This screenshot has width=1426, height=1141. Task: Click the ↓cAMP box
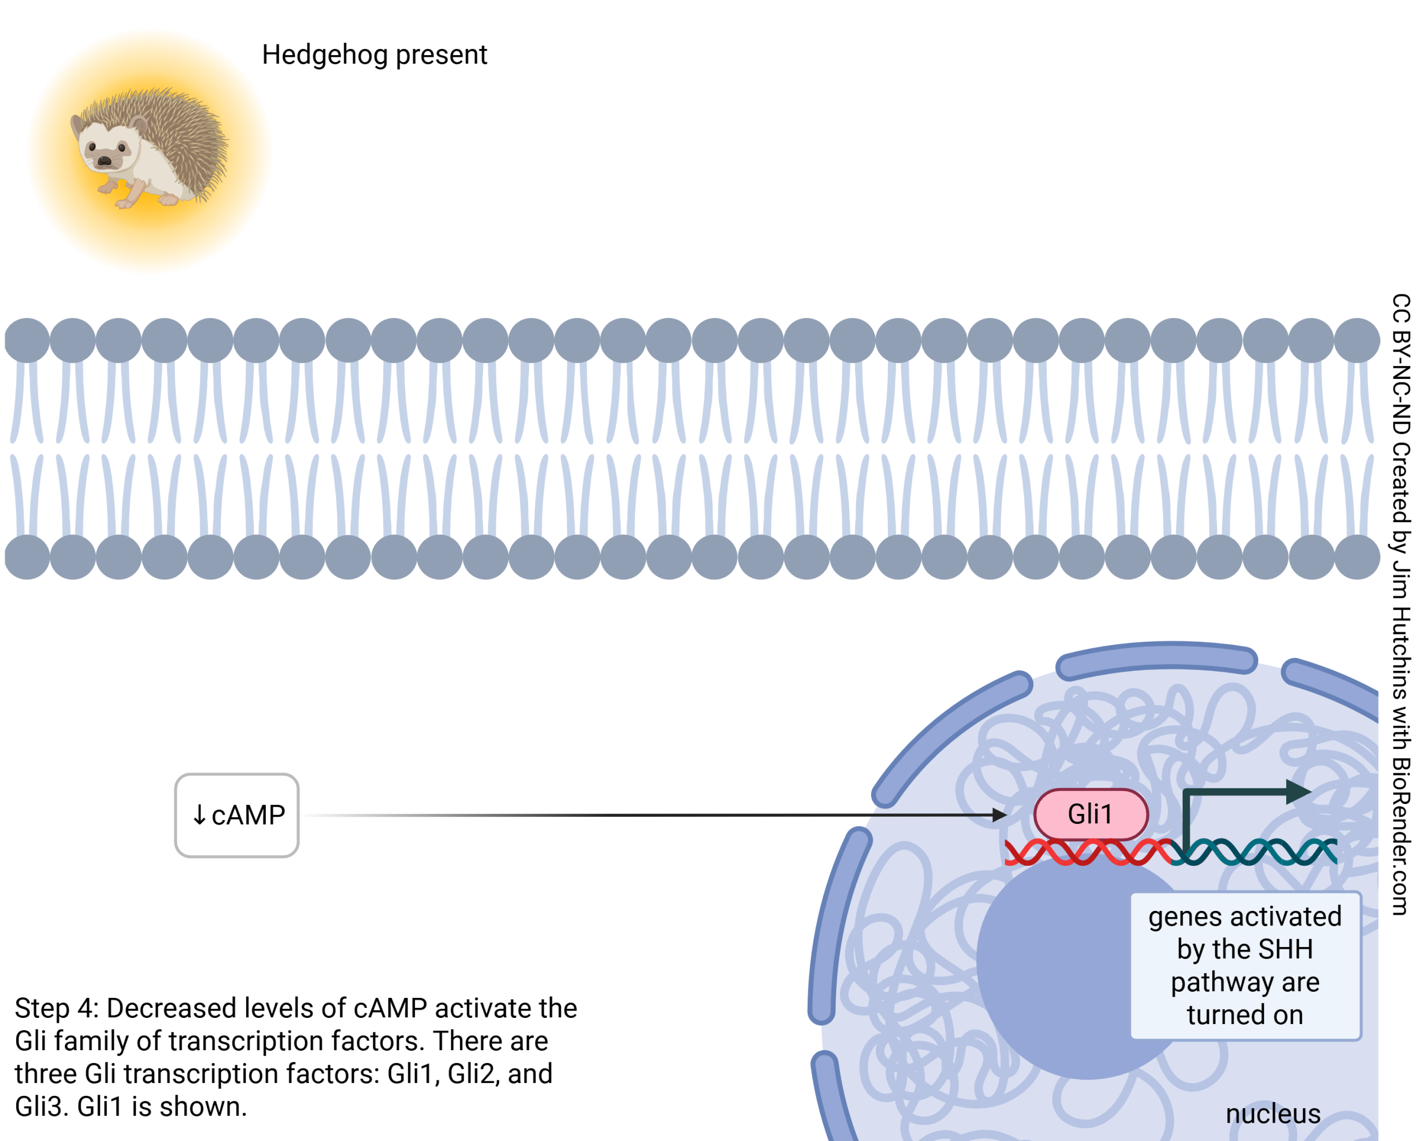[237, 815]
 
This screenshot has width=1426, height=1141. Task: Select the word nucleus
[1273, 1114]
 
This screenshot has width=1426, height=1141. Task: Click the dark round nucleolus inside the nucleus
[1058, 972]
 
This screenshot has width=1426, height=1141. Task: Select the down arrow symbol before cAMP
[199, 816]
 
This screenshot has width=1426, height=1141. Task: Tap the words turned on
[1245, 1015]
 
